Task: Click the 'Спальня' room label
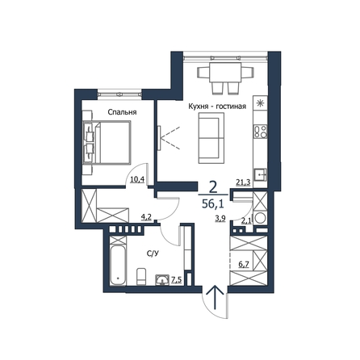click(122, 112)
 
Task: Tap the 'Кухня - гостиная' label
click(217, 107)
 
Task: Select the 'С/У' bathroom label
click(152, 253)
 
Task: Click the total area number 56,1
click(213, 204)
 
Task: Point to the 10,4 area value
click(137, 179)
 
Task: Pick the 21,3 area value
click(243, 182)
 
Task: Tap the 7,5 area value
click(177, 280)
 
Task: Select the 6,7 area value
click(244, 265)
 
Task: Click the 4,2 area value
click(146, 217)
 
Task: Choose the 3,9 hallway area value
click(220, 219)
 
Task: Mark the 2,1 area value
click(245, 221)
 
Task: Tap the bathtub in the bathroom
click(118, 265)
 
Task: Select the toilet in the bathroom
click(141, 276)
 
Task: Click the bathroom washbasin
click(162, 279)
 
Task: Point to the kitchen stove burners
click(261, 132)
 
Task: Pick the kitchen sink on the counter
click(260, 174)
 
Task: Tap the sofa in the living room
click(211, 138)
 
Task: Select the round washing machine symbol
click(261, 218)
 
